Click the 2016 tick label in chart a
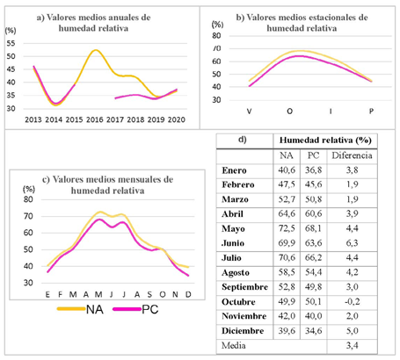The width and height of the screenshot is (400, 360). pyautogui.click(x=95, y=119)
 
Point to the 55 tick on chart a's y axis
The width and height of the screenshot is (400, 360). pyautogui.click(x=11, y=44)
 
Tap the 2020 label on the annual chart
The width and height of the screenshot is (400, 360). pyautogui.click(x=177, y=119)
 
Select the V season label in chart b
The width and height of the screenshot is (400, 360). pyautogui.click(x=249, y=112)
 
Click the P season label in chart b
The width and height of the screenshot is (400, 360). pyautogui.click(x=371, y=112)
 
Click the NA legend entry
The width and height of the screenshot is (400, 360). pyautogui.click(x=80, y=309)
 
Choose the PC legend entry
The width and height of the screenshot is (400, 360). pyautogui.click(x=135, y=309)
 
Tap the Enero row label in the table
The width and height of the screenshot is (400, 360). pyautogui.click(x=234, y=170)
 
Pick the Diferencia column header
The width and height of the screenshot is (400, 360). pyautogui.click(x=352, y=155)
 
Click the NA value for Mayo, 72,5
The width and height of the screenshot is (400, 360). pyautogui.click(x=287, y=228)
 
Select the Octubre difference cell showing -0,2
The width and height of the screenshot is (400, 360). pyautogui.click(x=352, y=301)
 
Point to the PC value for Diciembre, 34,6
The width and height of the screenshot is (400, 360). pyautogui.click(x=313, y=331)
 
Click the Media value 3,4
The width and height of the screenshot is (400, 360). pyautogui.click(x=352, y=345)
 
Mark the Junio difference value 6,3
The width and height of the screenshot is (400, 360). pyautogui.click(x=352, y=243)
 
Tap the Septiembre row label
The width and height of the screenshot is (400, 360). pyautogui.click(x=244, y=287)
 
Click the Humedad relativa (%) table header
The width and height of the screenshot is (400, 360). pyautogui.click(x=325, y=140)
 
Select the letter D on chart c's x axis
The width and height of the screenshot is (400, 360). pyautogui.click(x=188, y=294)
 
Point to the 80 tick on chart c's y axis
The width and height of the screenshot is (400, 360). pyautogui.click(x=28, y=199)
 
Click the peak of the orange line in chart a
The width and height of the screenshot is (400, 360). pyautogui.click(x=95, y=50)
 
